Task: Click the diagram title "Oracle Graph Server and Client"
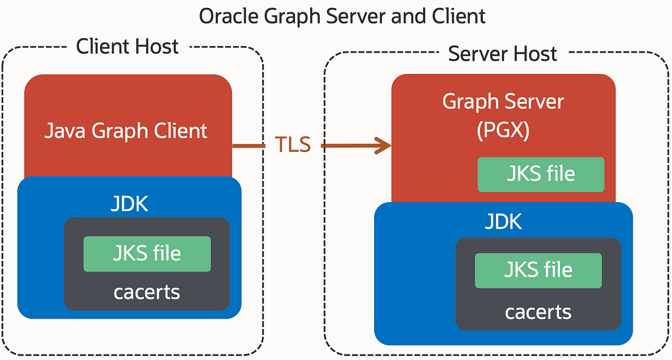[x=342, y=16]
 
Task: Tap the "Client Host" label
[x=128, y=46]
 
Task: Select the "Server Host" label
[x=502, y=54]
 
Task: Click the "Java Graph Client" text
[x=126, y=131]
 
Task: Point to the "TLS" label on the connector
[x=292, y=144]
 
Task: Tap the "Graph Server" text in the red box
[x=503, y=101]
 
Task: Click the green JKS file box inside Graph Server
[x=540, y=174]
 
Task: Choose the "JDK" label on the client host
[x=129, y=204]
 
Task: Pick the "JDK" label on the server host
[x=503, y=222]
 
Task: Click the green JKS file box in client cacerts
[x=147, y=254]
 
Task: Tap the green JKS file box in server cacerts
[x=538, y=270]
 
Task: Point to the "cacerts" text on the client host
[x=147, y=292]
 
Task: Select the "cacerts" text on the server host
[x=538, y=311]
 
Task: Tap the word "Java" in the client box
[x=66, y=131]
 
